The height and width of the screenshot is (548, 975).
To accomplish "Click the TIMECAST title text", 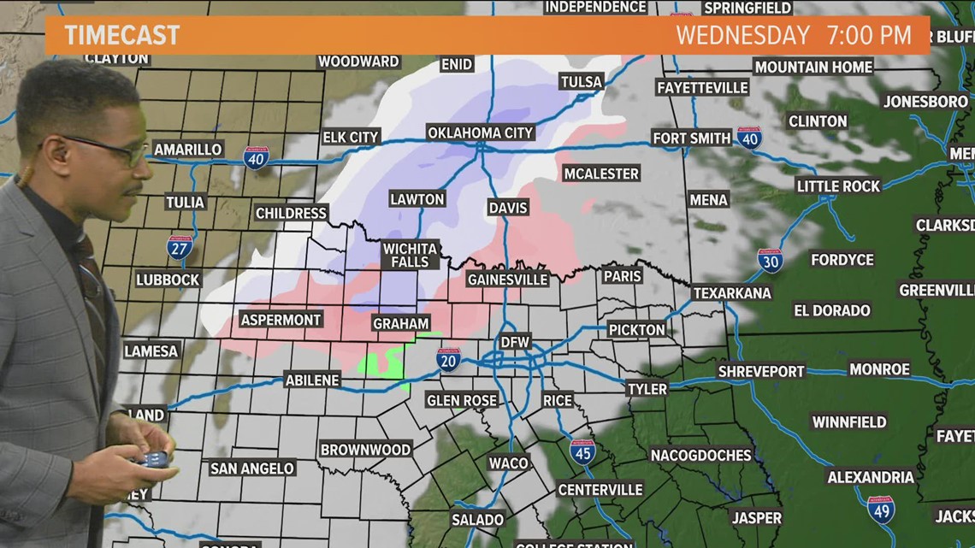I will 121,35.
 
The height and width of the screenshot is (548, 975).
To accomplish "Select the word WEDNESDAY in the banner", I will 742,35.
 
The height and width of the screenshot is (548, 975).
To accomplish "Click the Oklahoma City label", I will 481,133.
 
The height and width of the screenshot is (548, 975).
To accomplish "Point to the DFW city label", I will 515,342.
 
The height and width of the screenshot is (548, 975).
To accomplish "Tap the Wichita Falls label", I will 411,255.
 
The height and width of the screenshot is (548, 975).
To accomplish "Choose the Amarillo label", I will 188,150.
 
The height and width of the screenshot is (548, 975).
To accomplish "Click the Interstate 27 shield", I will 180,248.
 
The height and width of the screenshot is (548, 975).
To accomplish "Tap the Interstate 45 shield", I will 582,451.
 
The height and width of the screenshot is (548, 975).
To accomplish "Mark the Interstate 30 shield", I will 770,260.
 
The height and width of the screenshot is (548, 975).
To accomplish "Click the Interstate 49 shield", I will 880,510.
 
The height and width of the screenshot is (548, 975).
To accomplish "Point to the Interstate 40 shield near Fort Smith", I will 749,138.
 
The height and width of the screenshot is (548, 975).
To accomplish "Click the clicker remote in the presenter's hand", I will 154,459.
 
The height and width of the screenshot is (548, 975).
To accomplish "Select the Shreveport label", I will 760,371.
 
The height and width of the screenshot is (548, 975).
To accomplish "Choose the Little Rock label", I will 838,186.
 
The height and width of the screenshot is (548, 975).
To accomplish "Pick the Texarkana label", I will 731,292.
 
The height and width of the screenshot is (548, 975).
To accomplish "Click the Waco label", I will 508,463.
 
